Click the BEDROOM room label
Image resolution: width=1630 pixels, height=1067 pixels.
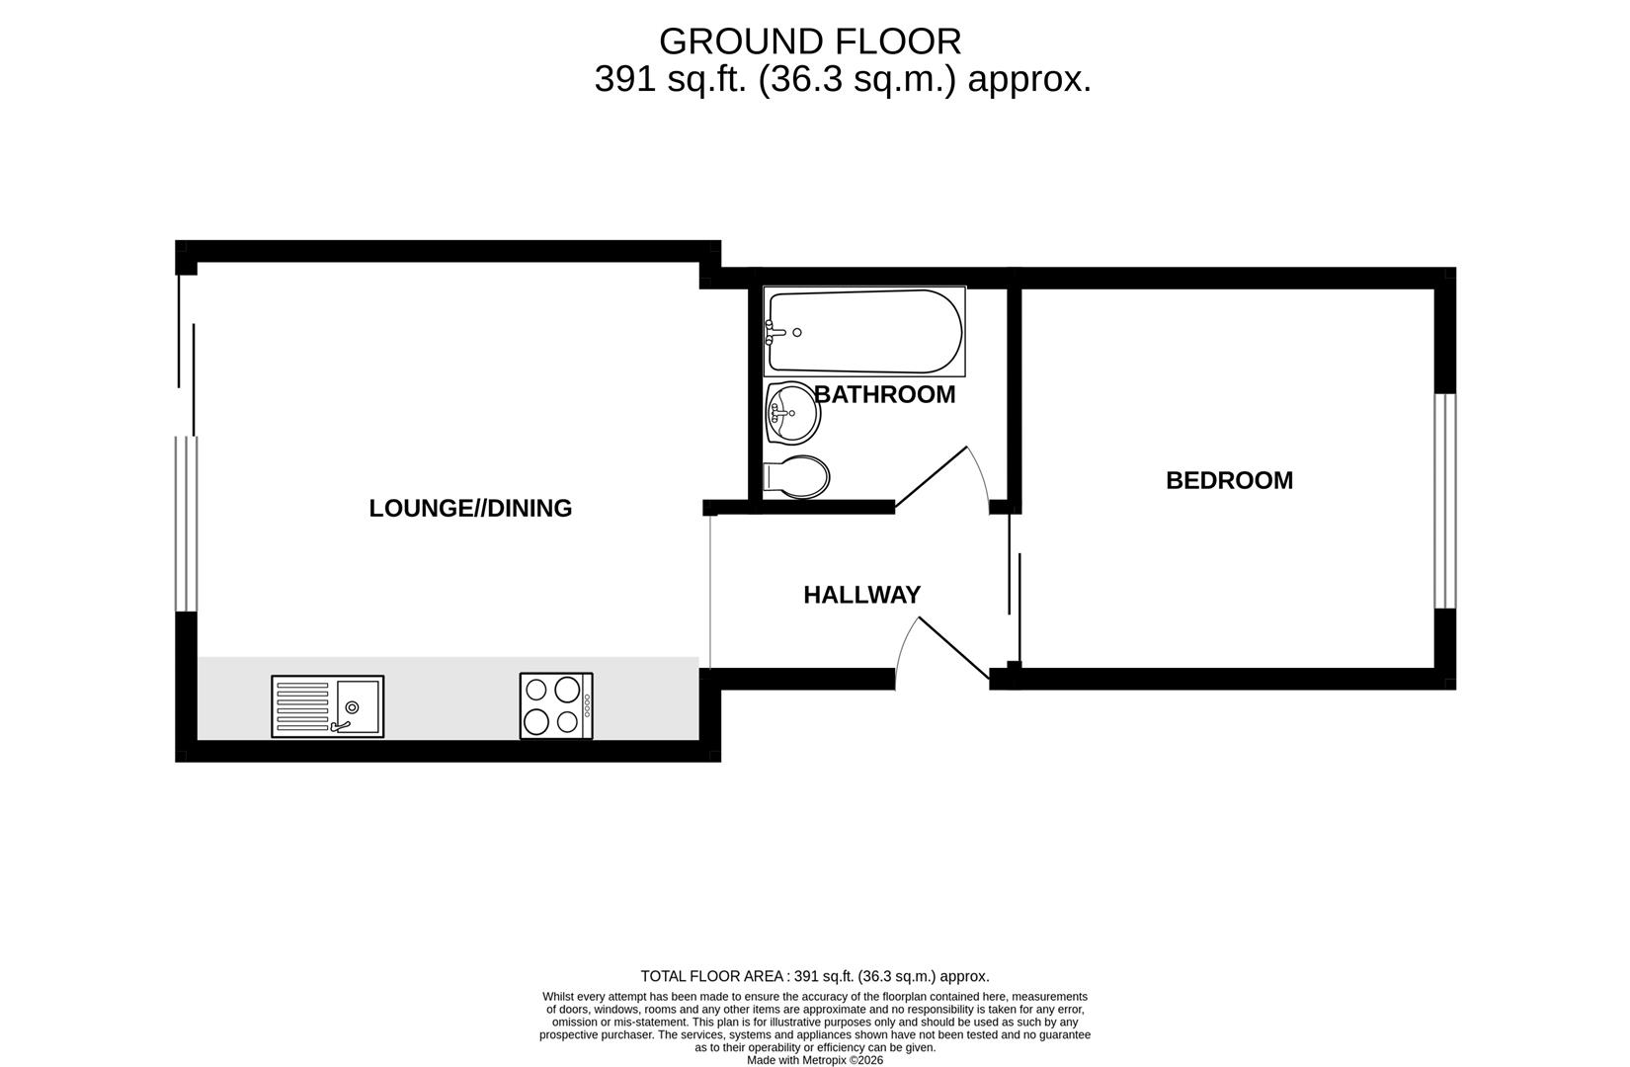click(x=1229, y=480)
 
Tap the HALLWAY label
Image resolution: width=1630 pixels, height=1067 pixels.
click(x=861, y=595)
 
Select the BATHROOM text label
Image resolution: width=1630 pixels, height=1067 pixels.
click(x=885, y=394)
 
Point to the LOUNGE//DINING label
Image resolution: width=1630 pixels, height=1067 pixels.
click(x=470, y=508)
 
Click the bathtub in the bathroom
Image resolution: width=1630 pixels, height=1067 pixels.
click(x=864, y=332)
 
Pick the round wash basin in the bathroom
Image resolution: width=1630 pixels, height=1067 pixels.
click(x=792, y=414)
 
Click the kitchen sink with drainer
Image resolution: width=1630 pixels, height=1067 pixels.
click(x=327, y=706)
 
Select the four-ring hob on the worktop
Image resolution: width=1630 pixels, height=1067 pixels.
click(x=556, y=705)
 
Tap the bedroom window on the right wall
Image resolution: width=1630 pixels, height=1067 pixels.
click(x=1444, y=500)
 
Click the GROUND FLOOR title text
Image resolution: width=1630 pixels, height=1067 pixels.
click(x=809, y=41)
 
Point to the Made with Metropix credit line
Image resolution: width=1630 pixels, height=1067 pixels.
click(x=814, y=1060)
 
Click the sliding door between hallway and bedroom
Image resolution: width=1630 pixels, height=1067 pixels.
click(x=1015, y=605)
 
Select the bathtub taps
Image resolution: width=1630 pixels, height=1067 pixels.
click(x=773, y=333)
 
